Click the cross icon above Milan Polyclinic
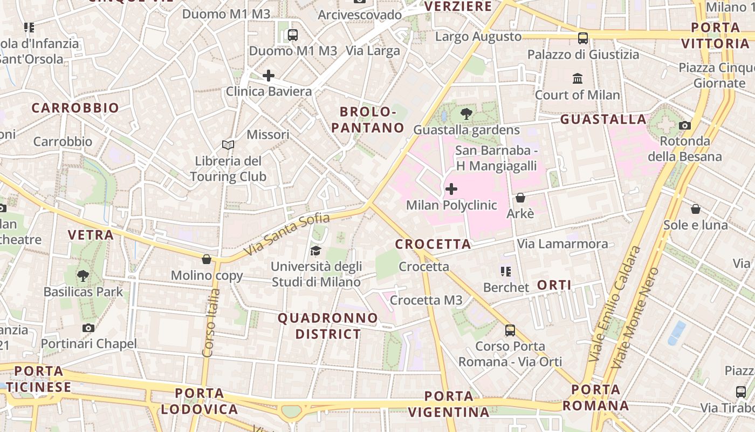pyautogui.click(x=451, y=189)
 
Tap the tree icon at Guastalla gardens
pyautogui.click(x=466, y=114)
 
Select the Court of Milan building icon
pyautogui.click(x=578, y=79)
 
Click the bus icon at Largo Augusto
pyautogui.click(x=583, y=38)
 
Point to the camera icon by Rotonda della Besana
pyautogui.click(x=685, y=125)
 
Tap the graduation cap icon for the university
pyautogui.click(x=315, y=251)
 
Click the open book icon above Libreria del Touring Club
pyautogui.click(x=228, y=145)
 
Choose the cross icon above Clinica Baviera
pyautogui.click(x=268, y=76)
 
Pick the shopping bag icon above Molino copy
pyautogui.click(x=207, y=260)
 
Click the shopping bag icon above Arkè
pyautogui.click(x=520, y=198)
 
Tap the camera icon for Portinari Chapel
pyautogui.click(x=88, y=328)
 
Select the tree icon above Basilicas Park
pyautogui.click(x=83, y=276)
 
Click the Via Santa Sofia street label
pyautogui.click(x=286, y=234)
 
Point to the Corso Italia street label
pyautogui.click(x=211, y=322)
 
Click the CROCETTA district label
pyautogui.click(x=433, y=244)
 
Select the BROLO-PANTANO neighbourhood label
pyautogui.click(x=368, y=120)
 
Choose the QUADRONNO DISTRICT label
pyautogui.click(x=328, y=326)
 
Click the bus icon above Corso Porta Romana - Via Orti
pyautogui.click(x=510, y=330)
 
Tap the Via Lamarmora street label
pyautogui.click(x=562, y=244)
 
